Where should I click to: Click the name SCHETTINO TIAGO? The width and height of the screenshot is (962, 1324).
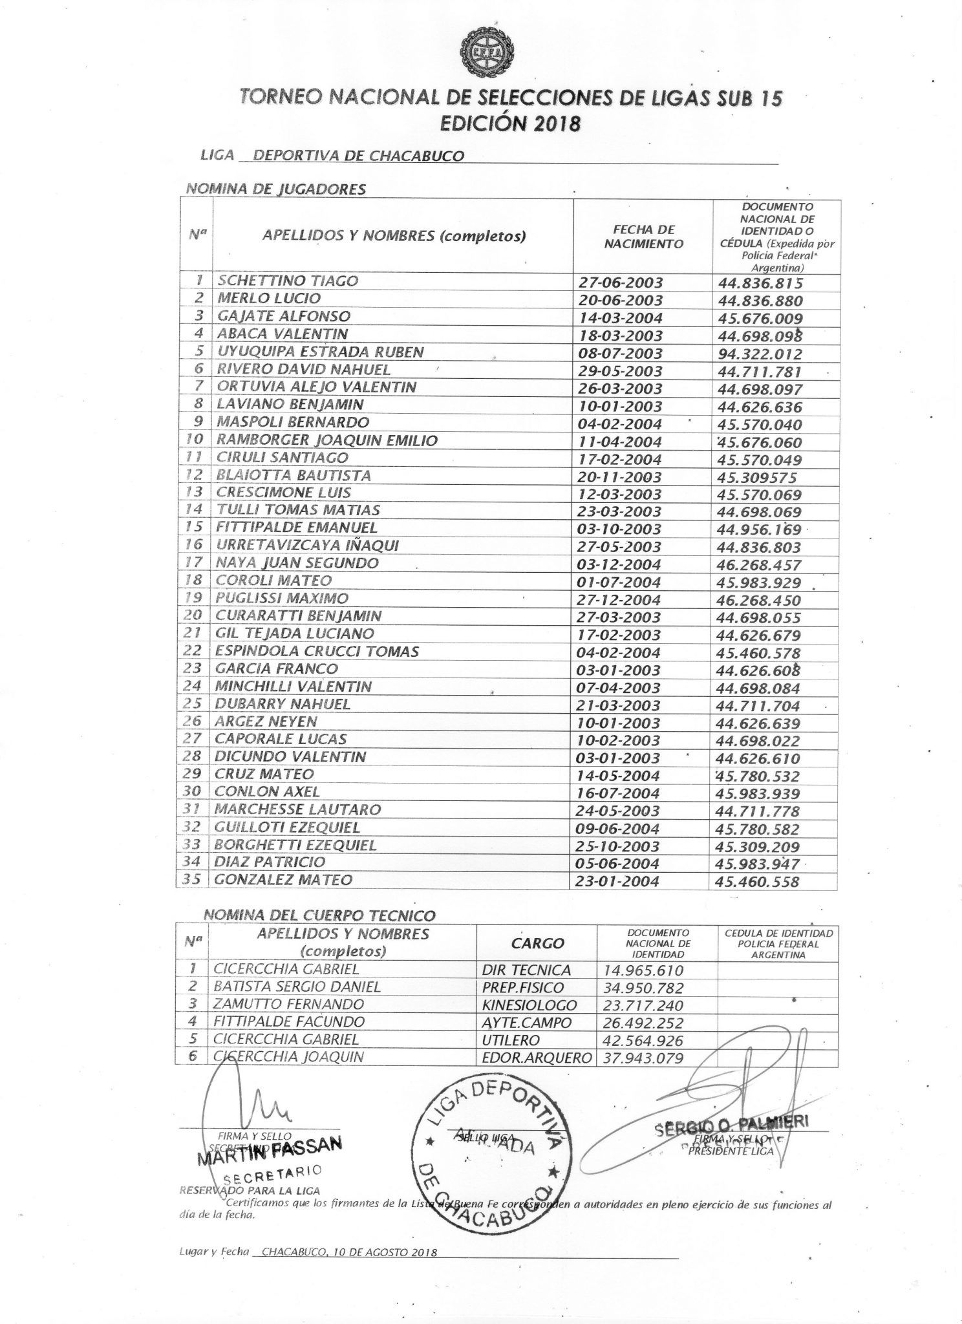click(288, 281)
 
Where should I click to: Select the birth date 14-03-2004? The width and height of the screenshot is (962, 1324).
click(619, 318)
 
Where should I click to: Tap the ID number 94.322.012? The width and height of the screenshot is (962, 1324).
click(760, 354)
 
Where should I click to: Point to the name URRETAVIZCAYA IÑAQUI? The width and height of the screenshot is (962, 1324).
click(307, 546)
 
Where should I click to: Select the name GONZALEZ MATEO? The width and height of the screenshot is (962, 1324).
click(284, 880)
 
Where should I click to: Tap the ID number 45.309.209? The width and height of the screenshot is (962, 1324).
click(760, 847)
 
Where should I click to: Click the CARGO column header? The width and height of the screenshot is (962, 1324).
click(537, 944)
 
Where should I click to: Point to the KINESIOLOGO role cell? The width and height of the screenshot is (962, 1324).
click(529, 1005)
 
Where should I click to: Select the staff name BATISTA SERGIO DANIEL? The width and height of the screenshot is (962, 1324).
click(297, 987)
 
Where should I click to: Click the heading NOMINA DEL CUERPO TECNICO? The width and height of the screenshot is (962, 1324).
click(319, 915)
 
